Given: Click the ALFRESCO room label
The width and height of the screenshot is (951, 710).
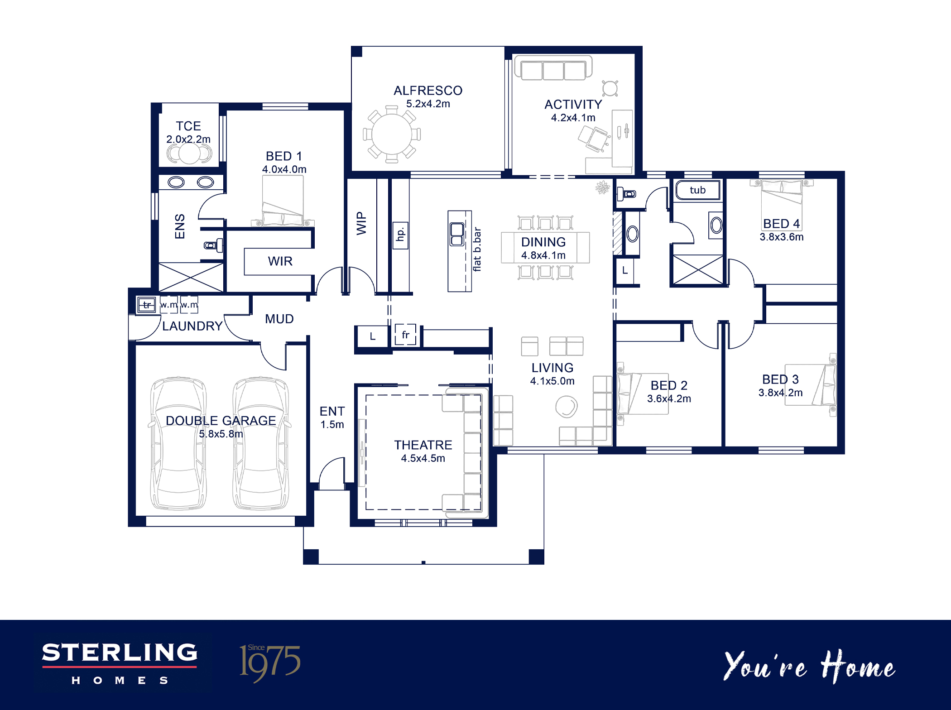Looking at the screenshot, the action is click(428, 91).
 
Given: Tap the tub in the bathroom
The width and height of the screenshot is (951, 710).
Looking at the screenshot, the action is click(697, 190).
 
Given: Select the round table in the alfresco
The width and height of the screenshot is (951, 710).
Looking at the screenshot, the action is click(392, 134).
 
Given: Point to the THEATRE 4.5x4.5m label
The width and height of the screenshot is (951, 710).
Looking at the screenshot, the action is click(423, 451).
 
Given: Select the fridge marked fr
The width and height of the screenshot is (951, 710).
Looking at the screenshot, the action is click(405, 335).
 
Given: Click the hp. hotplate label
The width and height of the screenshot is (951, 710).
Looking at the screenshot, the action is click(400, 235).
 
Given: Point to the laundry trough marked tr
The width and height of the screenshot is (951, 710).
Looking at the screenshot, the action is click(146, 305).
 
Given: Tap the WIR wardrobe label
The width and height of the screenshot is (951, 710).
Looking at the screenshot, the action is click(280, 261).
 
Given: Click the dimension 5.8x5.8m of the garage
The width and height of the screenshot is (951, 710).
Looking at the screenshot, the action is click(221, 434).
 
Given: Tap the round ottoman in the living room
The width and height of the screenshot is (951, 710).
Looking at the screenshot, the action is click(567, 406).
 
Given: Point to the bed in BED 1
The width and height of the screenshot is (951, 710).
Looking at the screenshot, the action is click(283, 201).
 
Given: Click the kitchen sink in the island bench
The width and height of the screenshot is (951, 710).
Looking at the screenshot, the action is click(457, 234).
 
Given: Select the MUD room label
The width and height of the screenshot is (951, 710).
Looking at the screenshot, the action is click(279, 319).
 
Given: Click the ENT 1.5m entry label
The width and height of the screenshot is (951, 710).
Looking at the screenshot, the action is click(332, 417).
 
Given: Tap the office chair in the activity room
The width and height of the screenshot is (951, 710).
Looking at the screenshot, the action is click(594, 138).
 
